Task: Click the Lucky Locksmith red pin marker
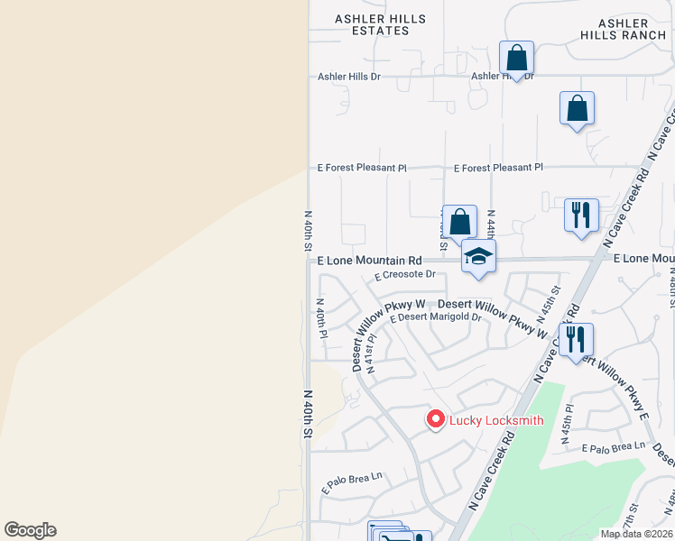[x=436, y=419]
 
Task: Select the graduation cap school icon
[x=478, y=257]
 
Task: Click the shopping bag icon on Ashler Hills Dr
[x=516, y=59]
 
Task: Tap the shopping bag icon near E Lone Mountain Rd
[x=459, y=222]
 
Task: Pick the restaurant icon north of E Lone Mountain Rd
[x=581, y=215]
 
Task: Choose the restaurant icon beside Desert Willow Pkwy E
[x=576, y=340]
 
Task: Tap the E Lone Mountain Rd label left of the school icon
[x=369, y=260]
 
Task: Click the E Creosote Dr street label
[x=405, y=274]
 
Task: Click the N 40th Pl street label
[x=321, y=318]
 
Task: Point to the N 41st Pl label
[x=370, y=353]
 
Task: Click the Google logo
[x=30, y=530]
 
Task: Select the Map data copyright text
[x=636, y=534]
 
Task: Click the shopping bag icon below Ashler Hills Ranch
[x=577, y=109]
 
